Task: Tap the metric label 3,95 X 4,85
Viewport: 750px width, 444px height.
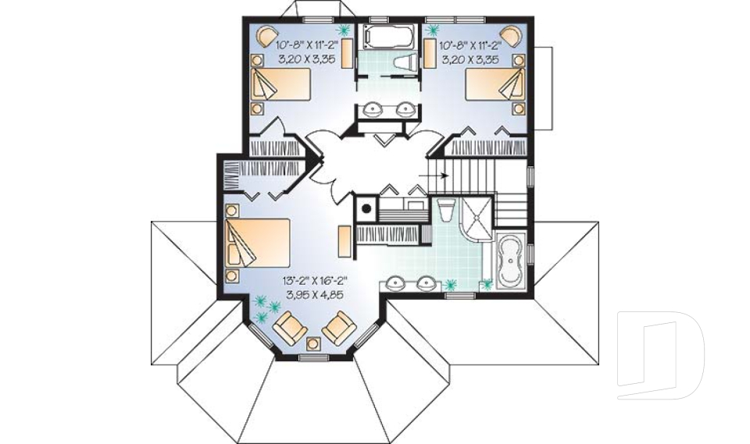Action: point(315,294)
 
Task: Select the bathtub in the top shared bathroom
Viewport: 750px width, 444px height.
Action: point(388,37)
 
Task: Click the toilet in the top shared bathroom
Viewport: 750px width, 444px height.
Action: point(403,64)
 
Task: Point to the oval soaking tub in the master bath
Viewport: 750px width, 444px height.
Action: point(511,261)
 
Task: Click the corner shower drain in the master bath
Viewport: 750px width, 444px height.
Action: point(477,218)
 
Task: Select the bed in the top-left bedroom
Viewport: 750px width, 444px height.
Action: point(280,84)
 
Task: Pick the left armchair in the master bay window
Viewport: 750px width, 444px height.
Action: point(290,327)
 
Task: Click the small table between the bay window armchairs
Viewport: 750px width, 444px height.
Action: point(314,343)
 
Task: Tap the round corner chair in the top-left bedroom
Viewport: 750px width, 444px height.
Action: point(266,37)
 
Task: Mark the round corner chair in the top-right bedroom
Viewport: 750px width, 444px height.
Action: point(511,37)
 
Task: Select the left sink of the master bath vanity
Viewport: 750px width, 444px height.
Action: point(395,284)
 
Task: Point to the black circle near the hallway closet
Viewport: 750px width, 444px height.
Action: point(366,208)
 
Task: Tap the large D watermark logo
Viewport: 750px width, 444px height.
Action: point(661,356)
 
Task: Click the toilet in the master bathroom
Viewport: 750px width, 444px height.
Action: point(445,210)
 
